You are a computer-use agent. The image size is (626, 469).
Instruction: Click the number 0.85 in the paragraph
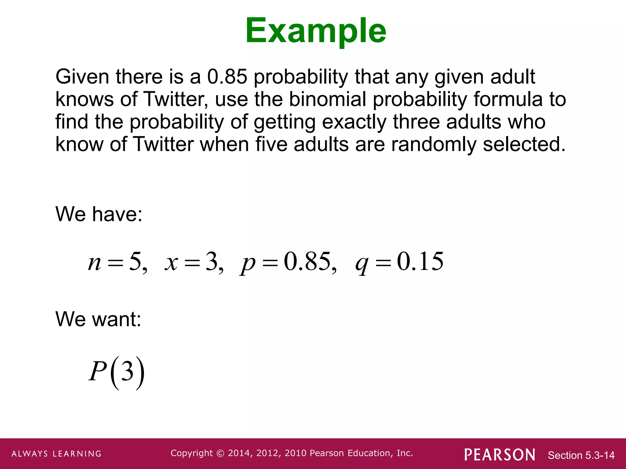(227, 76)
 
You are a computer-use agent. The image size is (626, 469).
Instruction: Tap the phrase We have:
(99, 214)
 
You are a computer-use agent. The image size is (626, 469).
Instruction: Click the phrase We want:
(98, 319)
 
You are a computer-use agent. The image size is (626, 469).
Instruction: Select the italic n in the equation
(94, 263)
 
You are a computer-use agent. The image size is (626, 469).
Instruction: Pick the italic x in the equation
(171, 263)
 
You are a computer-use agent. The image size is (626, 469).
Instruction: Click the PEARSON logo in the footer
(500, 455)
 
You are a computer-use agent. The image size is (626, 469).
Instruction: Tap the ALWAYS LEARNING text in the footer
(57, 454)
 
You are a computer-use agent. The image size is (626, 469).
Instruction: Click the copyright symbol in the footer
(220, 453)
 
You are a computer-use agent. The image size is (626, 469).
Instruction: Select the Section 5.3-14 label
(581, 455)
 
